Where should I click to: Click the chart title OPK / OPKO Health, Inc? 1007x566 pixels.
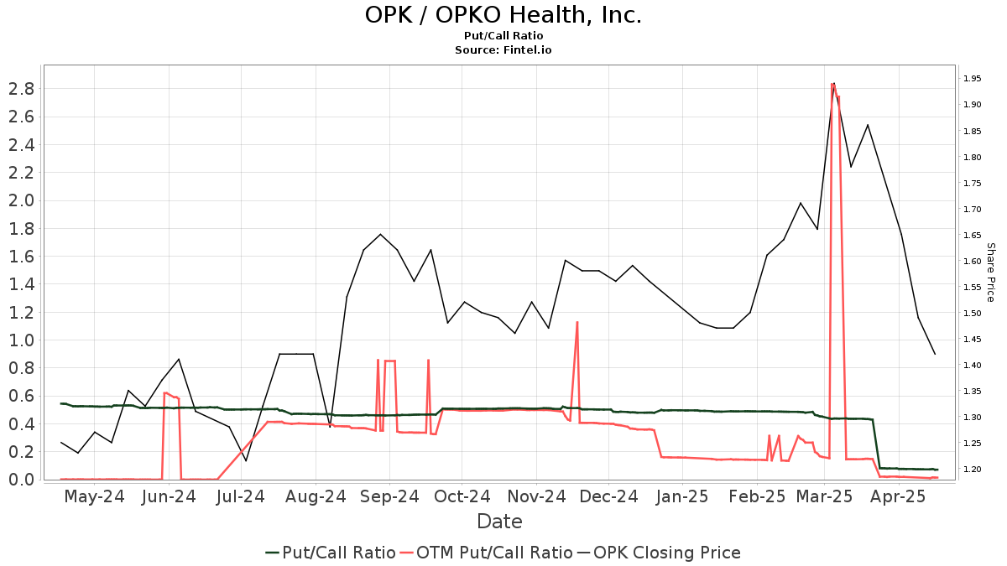point(503,15)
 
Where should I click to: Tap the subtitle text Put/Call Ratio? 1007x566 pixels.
point(503,36)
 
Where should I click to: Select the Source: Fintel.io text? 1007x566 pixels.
point(503,50)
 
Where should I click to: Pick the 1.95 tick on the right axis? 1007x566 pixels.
point(973,79)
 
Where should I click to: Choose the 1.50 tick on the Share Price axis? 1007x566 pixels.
point(973,314)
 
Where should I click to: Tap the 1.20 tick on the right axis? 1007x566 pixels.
point(973,470)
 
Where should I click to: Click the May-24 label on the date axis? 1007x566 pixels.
point(94,497)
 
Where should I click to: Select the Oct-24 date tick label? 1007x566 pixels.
point(462,497)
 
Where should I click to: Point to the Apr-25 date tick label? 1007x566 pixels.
point(899,497)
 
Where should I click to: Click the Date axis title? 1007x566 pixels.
point(499,522)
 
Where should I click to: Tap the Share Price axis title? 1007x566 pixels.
point(990,273)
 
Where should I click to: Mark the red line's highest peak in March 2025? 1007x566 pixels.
point(832,83)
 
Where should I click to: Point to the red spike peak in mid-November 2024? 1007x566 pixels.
point(577,322)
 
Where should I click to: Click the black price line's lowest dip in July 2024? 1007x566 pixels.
point(246,460)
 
